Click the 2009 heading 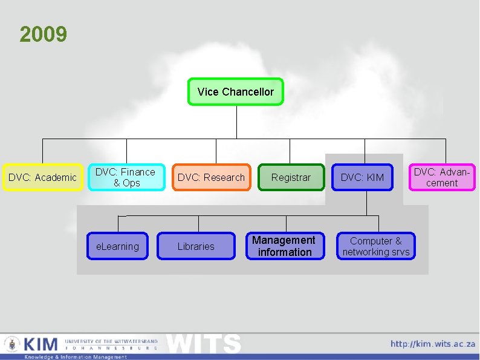coord(43,34)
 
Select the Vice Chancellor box coord(235,92)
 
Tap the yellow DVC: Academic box coord(42,177)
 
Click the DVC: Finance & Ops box coord(126,177)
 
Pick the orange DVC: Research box coord(211,177)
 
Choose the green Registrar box coord(291,177)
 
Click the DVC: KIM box coord(362,177)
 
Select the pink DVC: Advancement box coord(442,177)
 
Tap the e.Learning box coord(117,246)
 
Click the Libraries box coord(196,246)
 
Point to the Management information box coord(284,246)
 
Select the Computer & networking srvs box coord(375,246)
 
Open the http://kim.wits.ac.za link coord(433,344)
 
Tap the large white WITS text coord(204,344)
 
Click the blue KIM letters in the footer coord(41,344)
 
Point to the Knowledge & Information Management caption coord(76,357)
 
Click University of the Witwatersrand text coord(111,341)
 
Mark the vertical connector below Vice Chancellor coord(236,122)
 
